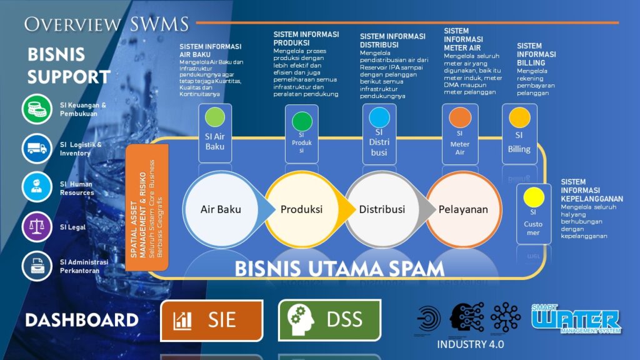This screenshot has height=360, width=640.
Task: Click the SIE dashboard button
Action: click(x=211, y=321)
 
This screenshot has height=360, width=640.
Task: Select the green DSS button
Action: click(x=329, y=321)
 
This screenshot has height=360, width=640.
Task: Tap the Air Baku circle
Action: click(x=221, y=209)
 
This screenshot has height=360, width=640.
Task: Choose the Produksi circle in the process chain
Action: click(x=301, y=209)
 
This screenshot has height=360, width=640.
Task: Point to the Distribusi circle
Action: click(x=382, y=209)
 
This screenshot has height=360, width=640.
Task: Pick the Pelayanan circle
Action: click(x=462, y=209)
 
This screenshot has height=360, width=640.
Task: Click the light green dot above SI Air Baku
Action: click(x=214, y=117)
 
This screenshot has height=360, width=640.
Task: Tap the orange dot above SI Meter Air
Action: click(x=459, y=117)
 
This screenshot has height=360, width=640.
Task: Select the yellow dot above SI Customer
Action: click(x=533, y=197)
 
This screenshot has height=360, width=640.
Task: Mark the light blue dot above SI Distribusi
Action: click(x=379, y=117)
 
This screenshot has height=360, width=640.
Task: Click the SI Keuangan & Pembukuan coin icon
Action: click(x=37, y=109)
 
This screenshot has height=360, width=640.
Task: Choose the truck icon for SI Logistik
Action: click(x=37, y=149)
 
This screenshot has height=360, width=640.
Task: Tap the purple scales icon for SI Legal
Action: click(x=37, y=226)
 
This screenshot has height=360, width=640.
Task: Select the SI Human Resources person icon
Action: click(x=37, y=187)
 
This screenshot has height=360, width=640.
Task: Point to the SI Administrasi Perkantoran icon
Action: click(x=37, y=266)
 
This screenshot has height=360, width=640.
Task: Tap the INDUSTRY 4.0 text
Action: click(x=470, y=344)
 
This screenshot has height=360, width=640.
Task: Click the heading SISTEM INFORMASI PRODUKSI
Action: click(x=306, y=38)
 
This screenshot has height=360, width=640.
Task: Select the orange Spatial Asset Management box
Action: click(x=146, y=207)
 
